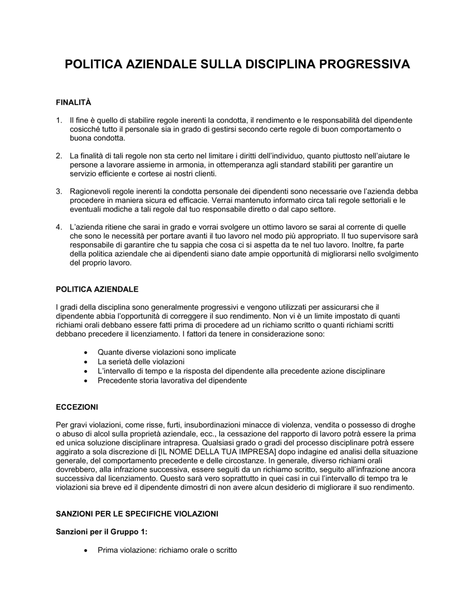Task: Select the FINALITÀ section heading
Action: [73, 102]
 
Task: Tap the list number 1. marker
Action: [59, 120]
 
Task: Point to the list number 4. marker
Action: [59, 227]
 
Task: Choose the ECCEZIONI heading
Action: [77, 407]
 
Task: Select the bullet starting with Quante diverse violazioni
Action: [166, 352]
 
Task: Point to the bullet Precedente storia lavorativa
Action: [172, 381]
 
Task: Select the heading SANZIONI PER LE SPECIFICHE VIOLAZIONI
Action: [137, 514]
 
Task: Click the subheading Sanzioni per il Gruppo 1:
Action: [102, 532]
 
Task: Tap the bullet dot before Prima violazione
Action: [85, 551]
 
